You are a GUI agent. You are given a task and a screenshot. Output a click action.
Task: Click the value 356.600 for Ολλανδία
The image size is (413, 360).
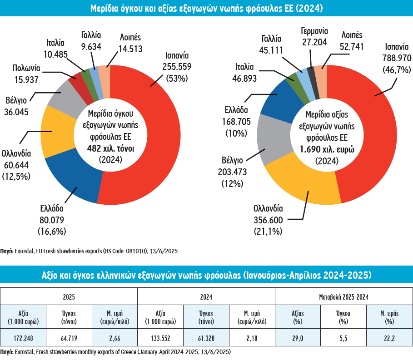(268, 220)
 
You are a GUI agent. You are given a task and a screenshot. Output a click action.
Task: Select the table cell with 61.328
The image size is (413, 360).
(207, 338)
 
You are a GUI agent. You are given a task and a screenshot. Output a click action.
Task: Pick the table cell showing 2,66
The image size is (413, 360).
(114, 338)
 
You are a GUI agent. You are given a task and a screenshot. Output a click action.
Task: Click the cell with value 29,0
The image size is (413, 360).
(298, 338)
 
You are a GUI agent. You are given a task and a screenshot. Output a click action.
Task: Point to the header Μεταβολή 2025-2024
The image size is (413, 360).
(343, 297)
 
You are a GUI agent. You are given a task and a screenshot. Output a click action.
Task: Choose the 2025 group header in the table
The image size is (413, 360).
(69, 297)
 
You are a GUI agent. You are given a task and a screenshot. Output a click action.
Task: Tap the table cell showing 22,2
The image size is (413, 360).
(389, 338)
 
